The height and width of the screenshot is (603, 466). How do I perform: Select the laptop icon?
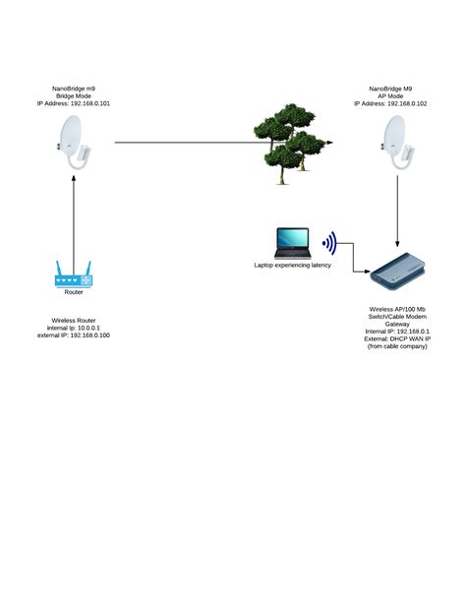[291, 243]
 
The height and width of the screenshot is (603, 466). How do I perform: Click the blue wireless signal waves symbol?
[330, 242]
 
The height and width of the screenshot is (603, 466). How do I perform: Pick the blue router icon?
[73, 274]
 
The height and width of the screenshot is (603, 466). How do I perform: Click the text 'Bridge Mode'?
[74, 94]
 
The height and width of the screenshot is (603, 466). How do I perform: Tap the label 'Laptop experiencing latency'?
[293, 266]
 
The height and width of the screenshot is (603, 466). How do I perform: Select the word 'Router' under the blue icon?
[73, 292]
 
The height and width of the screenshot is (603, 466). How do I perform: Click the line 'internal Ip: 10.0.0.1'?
[74, 328]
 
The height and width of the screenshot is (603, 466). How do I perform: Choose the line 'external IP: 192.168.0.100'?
[74, 335]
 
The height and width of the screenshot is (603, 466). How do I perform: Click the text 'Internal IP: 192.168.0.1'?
[398, 332]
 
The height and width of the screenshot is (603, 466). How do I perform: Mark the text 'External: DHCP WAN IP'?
[398, 339]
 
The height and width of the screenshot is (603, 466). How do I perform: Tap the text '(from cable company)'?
[398, 347]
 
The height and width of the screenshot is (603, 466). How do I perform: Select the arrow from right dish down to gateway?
[395, 211]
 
